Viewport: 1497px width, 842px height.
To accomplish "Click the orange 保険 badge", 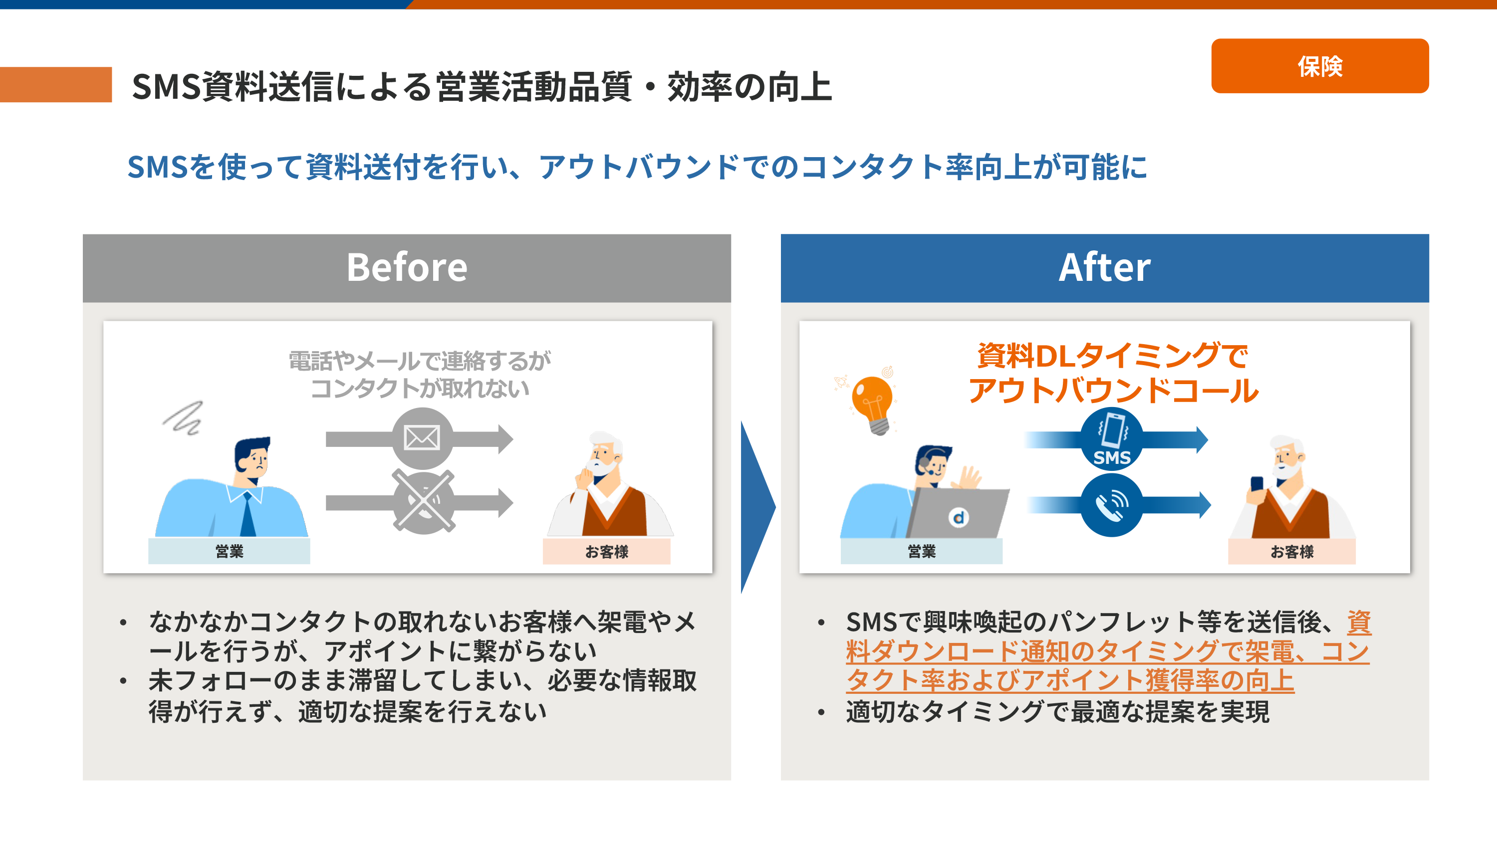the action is [1319, 66].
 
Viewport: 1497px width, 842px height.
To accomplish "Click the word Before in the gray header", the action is [407, 267].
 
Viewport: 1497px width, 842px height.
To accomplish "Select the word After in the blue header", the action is [1104, 267].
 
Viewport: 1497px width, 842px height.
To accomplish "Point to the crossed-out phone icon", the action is [423, 501].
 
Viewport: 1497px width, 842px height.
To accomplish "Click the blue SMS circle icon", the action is [1111, 439].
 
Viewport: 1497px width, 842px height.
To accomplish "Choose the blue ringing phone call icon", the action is [1111, 505].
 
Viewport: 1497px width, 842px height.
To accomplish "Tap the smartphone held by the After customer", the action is [1256, 484].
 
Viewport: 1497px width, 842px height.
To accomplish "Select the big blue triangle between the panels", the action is [757, 507].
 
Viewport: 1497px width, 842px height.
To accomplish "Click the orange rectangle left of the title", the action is [56, 85].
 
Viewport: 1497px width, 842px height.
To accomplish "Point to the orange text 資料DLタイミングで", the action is [1112, 356].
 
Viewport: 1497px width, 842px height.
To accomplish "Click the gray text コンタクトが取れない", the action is [420, 388].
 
